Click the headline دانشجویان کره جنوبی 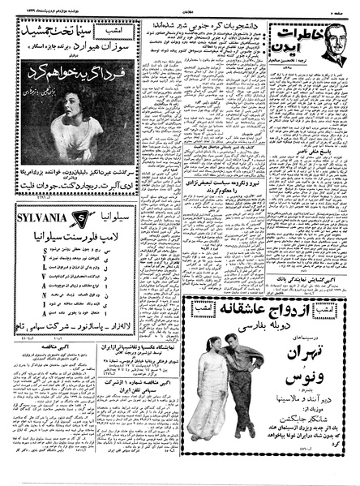coord(207,24)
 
